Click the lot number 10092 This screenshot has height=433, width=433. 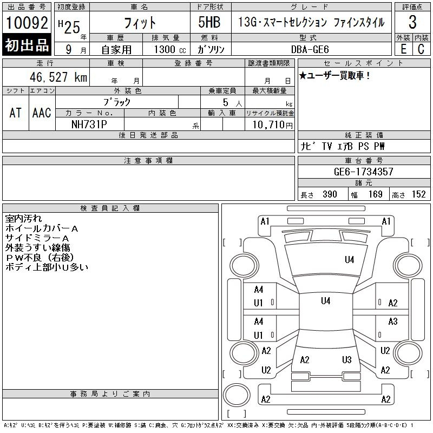pos(27,23)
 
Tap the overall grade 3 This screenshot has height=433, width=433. pos(412,22)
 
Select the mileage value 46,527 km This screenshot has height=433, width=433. pos(58,77)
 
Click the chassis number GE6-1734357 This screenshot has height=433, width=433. pos(363,172)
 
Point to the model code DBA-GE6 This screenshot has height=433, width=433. pos(310,49)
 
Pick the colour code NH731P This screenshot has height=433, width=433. pos(89,124)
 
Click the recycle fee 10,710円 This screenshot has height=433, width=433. pos(272,125)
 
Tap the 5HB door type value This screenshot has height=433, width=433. pos(209,22)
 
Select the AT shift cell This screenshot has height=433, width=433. pos(15,113)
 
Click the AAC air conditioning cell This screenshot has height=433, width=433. pos(42,113)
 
